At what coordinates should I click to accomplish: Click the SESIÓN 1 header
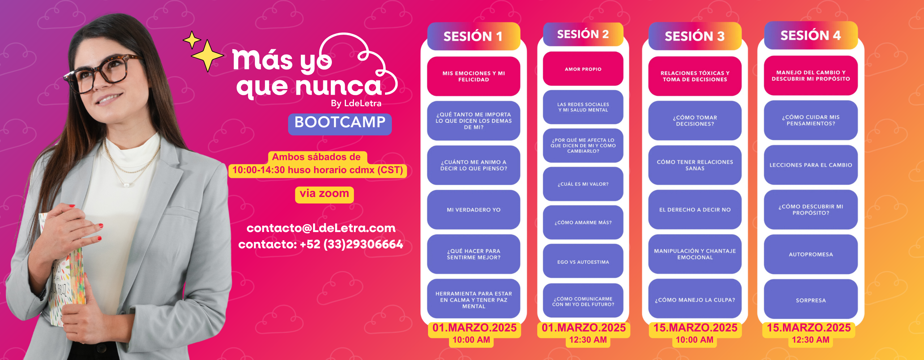pyautogui.click(x=474, y=36)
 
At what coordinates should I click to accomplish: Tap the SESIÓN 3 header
pyautogui.click(x=695, y=36)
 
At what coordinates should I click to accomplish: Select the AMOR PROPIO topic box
pyautogui.click(x=583, y=69)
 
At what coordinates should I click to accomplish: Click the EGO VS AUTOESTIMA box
pyautogui.click(x=583, y=261)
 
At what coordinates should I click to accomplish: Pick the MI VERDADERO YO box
pyautogui.click(x=474, y=210)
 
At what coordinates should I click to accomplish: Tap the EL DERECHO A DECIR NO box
pyautogui.click(x=695, y=210)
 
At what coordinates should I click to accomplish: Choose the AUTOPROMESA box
pyautogui.click(x=811, y=254)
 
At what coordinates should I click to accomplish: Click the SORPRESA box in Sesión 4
pyautogui.click(x=811, y=300)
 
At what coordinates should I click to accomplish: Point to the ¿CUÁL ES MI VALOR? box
pyautogui.click(x=583, y=184)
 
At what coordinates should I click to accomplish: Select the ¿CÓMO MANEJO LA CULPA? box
pyautogui.click(x=695, y=299)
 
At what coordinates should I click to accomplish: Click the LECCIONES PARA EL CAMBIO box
pyautogui.click(x=811, y=165)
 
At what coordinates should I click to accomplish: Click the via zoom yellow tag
pyautogui.click(x=324, y=194)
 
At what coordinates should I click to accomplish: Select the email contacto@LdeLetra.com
pyautogui.click(x=321, y=228)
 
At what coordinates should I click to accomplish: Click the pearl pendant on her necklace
pyautogui.click(x=127, y=185)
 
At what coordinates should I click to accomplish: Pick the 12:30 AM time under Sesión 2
pyautogui.click(x=588, y=340)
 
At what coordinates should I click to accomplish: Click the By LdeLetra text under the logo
pyautogui.click(x=356, y=103)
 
